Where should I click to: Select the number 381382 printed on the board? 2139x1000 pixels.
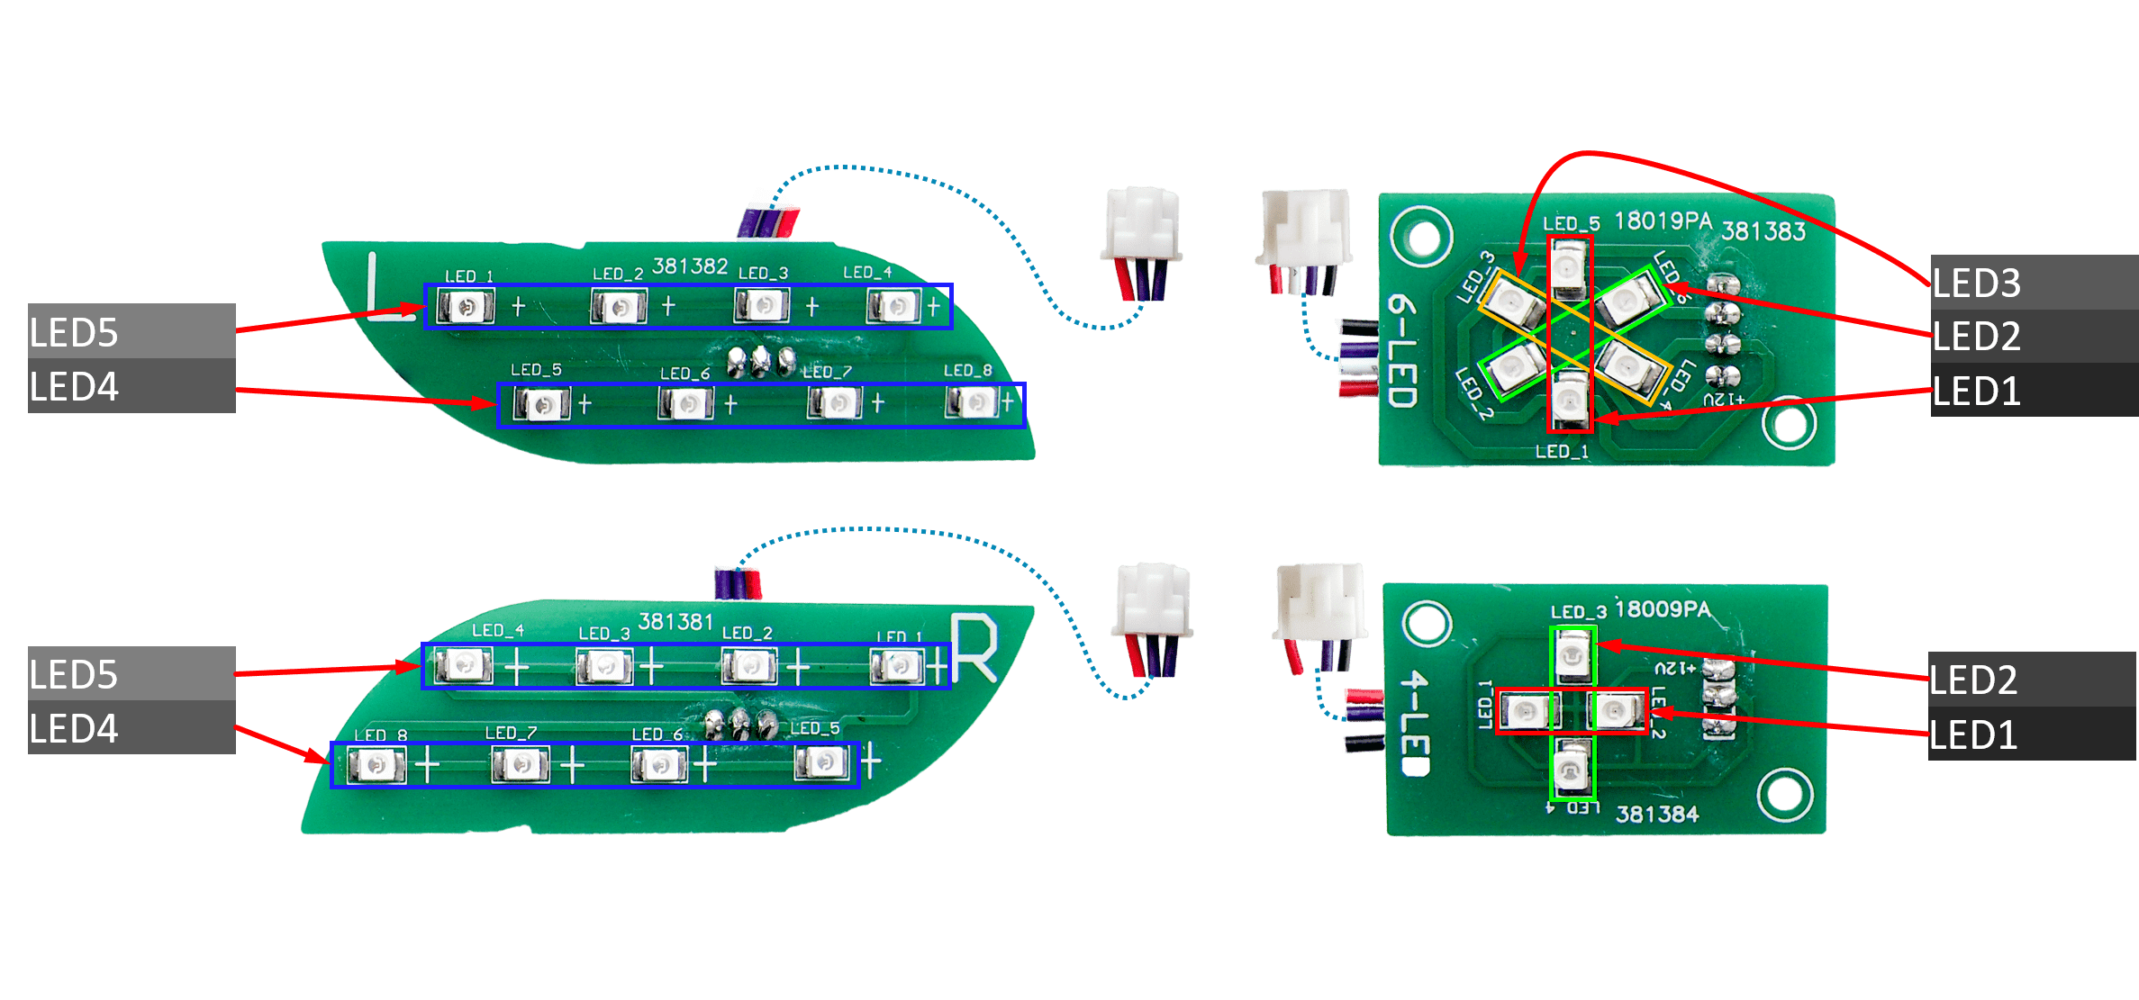(690, 266)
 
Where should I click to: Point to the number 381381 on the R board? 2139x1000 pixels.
(675, 622)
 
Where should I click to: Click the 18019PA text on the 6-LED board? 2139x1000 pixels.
(1663, 221)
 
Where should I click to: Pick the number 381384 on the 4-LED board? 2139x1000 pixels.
(1656, 815)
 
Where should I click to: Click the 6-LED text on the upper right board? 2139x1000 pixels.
(1402, 351)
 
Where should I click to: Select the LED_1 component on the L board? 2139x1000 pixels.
(466, 307)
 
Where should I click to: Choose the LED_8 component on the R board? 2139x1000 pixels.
(376, 765)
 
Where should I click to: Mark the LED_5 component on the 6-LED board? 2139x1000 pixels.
(1570, 268)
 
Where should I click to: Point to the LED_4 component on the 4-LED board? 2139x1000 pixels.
(1573, 770)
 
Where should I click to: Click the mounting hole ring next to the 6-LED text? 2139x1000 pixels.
(1422, 238)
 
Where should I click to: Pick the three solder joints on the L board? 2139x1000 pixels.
(761, 362)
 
